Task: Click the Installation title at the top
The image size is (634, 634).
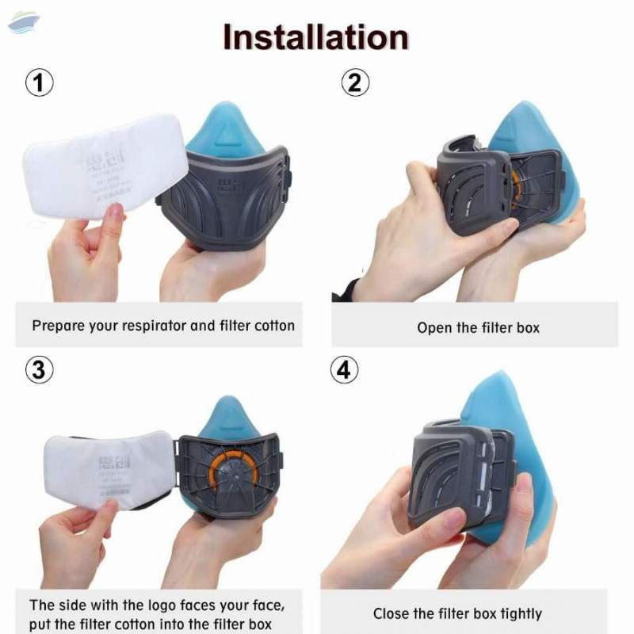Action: pyautogui.click(x=316, y=37)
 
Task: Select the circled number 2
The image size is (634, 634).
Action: pyautogui.click(x=355, y=82)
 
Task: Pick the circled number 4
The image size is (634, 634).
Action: pyautogui.click(x=344, y=370)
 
